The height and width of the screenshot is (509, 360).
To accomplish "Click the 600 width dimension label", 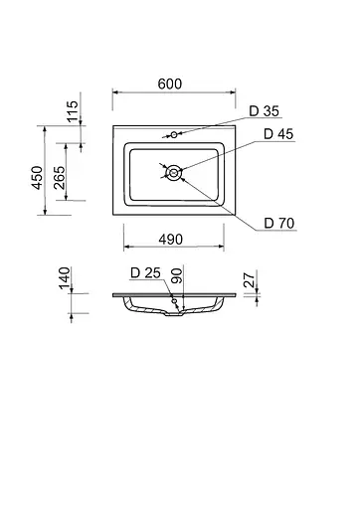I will [x=170, y=85].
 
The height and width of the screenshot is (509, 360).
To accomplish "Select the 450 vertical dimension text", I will [x=38, y=178].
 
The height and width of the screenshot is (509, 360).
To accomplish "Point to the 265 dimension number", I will [x=62, y=178].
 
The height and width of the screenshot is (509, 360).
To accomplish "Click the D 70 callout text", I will [x=278, y=223].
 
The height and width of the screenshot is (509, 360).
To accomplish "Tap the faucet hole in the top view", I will [x=173, y=134].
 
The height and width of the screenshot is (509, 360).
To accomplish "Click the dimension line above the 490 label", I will [x=171, y=248].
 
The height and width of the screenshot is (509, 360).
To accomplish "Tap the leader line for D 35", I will [x=214, y=124].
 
